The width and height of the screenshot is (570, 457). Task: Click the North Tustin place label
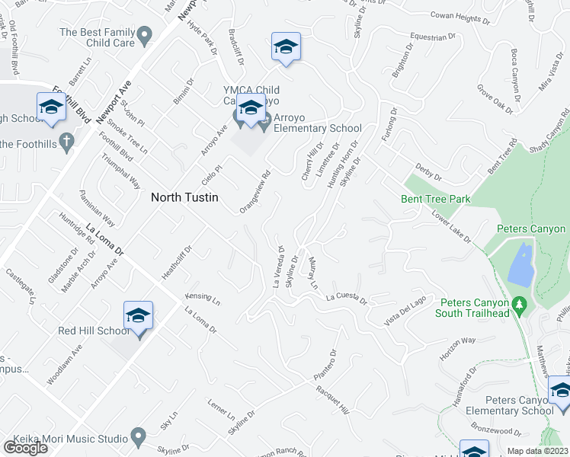[184, 197]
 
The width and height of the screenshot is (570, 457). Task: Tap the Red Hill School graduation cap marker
[138, 315]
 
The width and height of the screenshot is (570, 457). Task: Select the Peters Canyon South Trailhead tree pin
[520, 304]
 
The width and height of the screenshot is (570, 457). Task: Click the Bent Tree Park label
[435, 200]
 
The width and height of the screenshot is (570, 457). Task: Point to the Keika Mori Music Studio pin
[138, 437]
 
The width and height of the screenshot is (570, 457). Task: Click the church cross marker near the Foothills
[66, 141]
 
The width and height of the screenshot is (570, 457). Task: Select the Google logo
[26, 448]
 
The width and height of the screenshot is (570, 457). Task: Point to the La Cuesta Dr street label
[347, 299]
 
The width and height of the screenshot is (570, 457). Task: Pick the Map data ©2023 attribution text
[536, 451]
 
